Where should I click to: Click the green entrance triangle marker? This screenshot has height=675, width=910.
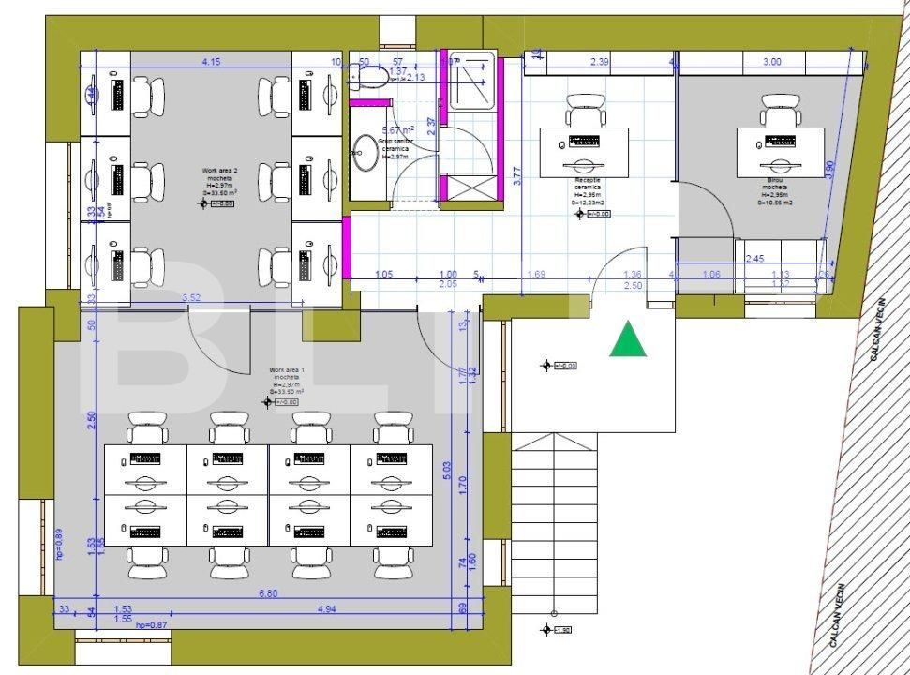tap(628, 339)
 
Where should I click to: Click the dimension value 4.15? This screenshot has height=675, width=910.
tap(211, 62)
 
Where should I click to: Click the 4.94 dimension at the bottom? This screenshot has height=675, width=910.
tap(327, 610)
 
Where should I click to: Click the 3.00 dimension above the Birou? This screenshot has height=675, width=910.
tap(771, 62)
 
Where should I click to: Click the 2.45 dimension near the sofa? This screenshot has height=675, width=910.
tap(755, 258)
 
